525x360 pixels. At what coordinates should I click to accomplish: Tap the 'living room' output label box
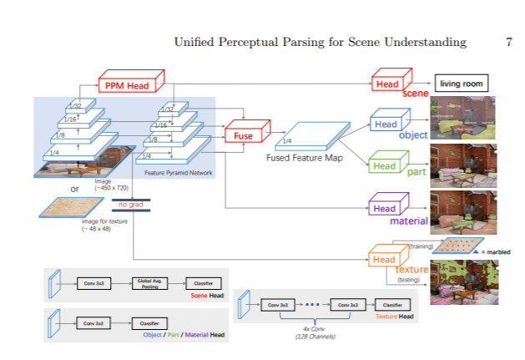click(x=460, y=84)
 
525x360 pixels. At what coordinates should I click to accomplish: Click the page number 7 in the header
click(x=509, y=42)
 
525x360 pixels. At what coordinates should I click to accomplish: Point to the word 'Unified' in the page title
click(x=196, y=42)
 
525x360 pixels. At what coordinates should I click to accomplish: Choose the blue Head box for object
click(x=385, y=124)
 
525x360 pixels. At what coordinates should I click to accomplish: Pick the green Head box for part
click(x=385, y=166)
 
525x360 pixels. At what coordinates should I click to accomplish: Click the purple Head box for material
click(x=385, y=208)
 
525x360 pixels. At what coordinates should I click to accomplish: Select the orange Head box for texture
click(x=385, y=260)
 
